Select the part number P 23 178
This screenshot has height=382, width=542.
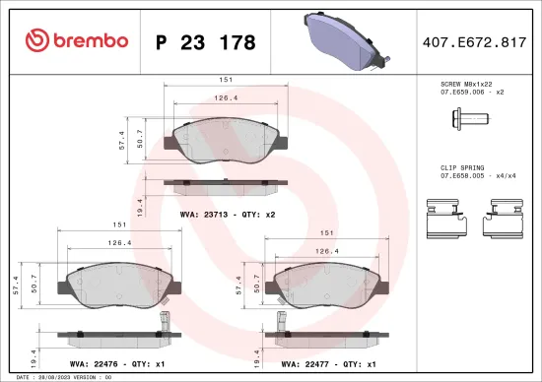(206, 42)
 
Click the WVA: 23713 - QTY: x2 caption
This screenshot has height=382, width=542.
(227, 212)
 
